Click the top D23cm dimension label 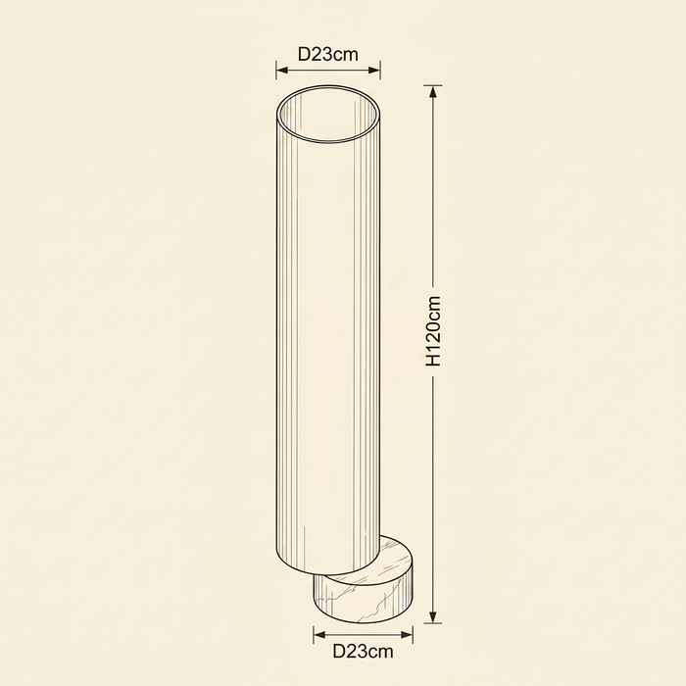point(327,55)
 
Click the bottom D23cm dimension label point(363,652)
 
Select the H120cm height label point(433,331)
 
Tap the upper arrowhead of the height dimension point(433,92)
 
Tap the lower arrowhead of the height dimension point(433,616)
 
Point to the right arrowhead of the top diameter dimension point(373,70)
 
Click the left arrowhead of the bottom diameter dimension point(320,635)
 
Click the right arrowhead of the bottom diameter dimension point(406,635)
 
